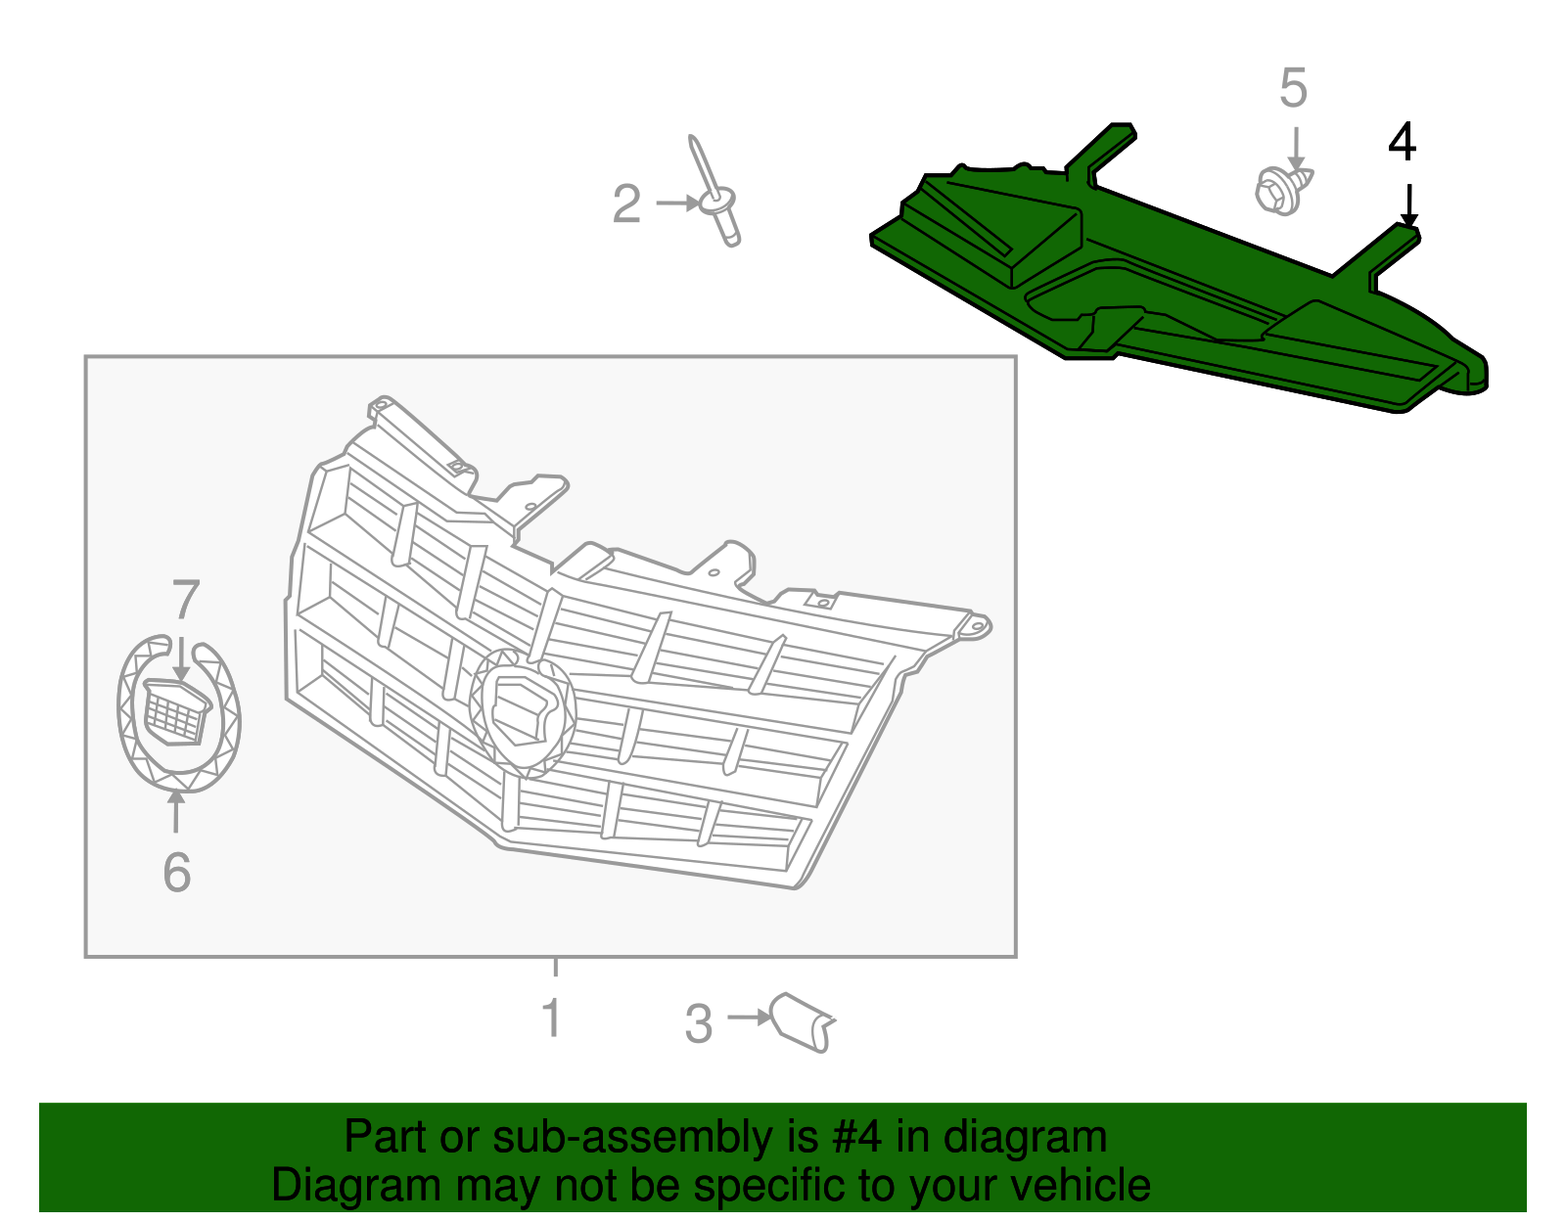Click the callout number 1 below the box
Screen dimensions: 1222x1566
552,1018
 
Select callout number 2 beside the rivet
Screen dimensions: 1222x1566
626,204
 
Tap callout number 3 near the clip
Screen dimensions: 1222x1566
699,1024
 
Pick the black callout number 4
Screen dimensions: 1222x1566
1402,143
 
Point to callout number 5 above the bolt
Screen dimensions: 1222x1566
1293,89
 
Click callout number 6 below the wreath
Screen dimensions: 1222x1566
177,872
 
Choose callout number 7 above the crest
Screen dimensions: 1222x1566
186,600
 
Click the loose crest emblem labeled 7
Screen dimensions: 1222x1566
177,710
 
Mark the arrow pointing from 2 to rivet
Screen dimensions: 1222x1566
677,204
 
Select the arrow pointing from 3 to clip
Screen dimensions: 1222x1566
750,1018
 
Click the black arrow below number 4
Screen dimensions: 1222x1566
1408,205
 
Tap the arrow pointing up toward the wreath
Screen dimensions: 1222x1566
176,812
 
